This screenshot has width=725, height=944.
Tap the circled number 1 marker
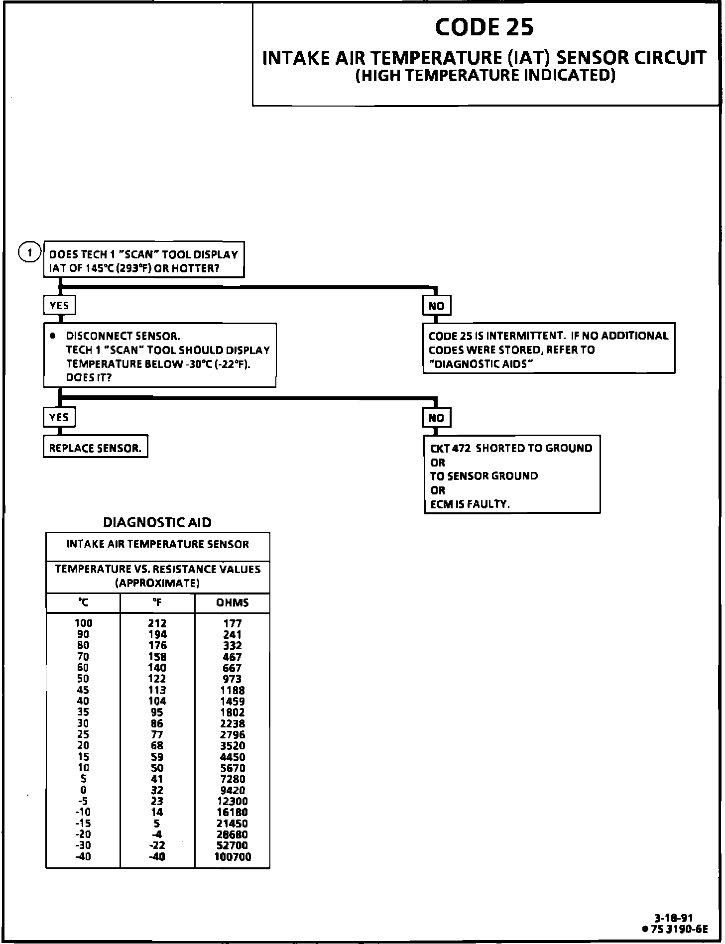pos(29,253)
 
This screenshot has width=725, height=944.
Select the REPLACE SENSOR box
pos(95,448)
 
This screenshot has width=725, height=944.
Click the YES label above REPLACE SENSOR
pos(59,417)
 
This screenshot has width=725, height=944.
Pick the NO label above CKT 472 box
pos(436,418)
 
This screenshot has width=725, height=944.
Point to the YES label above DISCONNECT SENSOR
pos(59,305)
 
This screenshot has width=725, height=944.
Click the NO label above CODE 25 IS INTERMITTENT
pos(436,306)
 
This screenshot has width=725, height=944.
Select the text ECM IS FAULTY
pos(470,504)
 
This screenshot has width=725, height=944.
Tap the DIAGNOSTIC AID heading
pos(157,522)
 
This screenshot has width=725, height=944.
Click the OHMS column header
pos(232,602)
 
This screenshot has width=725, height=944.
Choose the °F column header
pos(157,602)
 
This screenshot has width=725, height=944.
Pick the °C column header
pos(83,602)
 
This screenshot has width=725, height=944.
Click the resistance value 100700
pos(233,857)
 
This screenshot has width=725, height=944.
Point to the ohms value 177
pos(233,623)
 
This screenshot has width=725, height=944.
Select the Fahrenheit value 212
pos(157,623)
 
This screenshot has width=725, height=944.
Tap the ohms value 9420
pos(233,790)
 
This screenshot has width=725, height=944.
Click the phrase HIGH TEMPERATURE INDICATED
pos(485,75)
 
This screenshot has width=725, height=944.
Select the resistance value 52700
pos(233,845)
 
